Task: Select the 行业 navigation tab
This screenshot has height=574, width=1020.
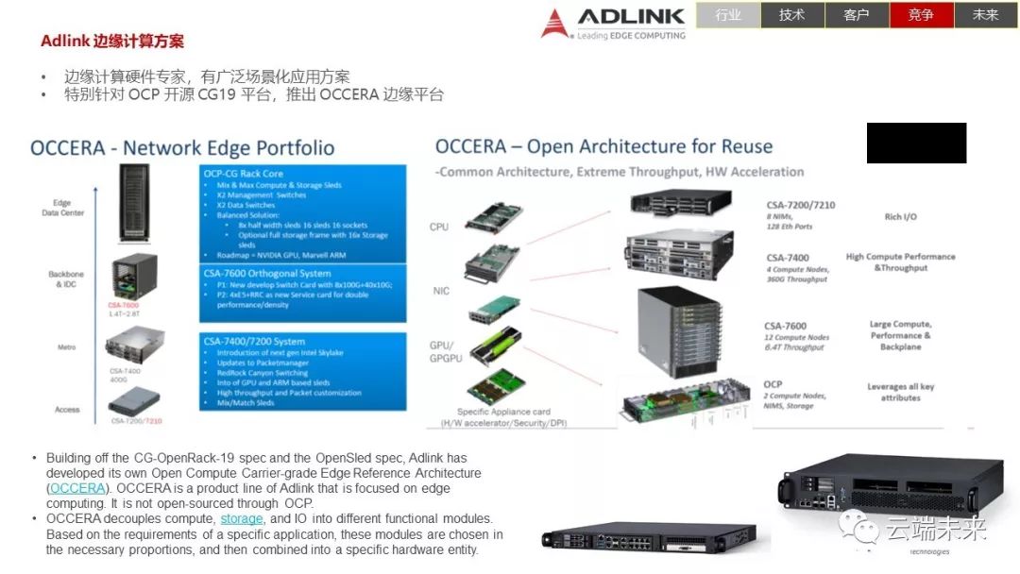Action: pyautogui.click(x=728, y=15)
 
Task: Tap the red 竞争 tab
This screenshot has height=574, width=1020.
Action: pyautogui.click(x=921, y=15)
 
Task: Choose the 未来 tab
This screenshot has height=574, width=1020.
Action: pyautogui.click(x=985, y=15)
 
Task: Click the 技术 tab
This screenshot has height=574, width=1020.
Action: pyautogui.click(x=792, y=15)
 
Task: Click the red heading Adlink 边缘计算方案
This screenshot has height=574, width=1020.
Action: pyautogui.click(x=112, y=42)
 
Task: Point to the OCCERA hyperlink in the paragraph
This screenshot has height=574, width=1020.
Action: pyautogui.click(x=76, y=488)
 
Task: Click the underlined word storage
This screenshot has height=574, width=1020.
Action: pyautogui.click(x=243, y=518)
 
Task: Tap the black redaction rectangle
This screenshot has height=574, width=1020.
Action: pyautogui.click(x=916, y=143)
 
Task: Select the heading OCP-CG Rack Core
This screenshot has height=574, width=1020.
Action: pyautogui.click(x=244, y=174)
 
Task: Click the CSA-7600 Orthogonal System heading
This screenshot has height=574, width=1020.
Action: pyautogui.click(x=269, y=273)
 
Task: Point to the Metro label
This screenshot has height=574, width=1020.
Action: pyautogui.click(x=66, y=347)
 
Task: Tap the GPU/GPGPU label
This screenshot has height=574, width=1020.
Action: pyautogui.click(x=441, y=350)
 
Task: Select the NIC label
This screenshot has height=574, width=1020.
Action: pyautogui.click(x=441, y=291)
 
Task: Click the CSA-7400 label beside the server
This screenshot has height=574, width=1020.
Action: pyautogui.click(x=787, y=258)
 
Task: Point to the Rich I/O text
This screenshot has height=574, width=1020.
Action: pyautogui.click(x=899, y=217)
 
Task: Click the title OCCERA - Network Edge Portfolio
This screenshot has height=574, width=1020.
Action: pyautogui.click(x=182, y=148)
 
